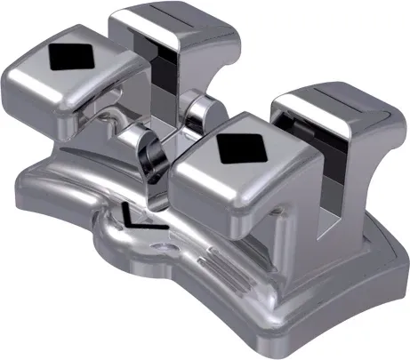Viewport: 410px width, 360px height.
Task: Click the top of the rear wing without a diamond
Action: (x=174, y=22)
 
